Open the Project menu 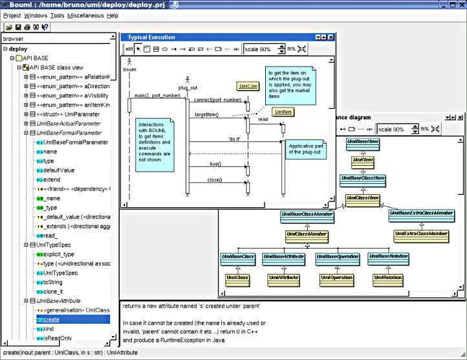12,15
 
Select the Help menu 113,15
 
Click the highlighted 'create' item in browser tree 52,319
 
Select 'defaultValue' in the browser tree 59,170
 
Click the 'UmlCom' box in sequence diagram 248,85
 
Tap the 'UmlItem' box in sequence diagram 283,112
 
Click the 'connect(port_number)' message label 217,100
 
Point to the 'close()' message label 215,179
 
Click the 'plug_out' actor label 188,87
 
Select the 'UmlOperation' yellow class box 336,278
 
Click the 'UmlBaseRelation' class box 387,257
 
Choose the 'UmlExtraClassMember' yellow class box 420,233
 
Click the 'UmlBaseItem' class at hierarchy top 363,141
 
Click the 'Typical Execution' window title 151,38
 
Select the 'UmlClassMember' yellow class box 307,233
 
